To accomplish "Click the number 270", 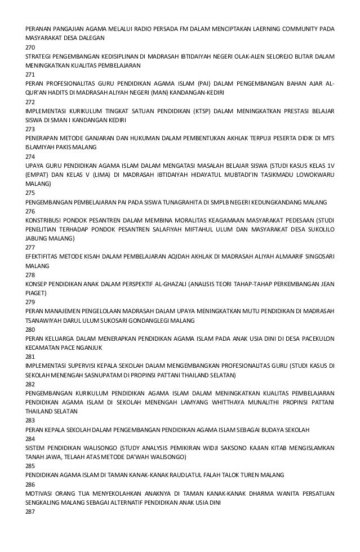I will click(30, 47).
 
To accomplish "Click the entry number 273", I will click(30, 128).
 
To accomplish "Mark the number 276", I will click(30, 210).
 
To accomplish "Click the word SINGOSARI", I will click(315, 256).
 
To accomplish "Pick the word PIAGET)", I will click(37, 292).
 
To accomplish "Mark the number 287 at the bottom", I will click(30, 511).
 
